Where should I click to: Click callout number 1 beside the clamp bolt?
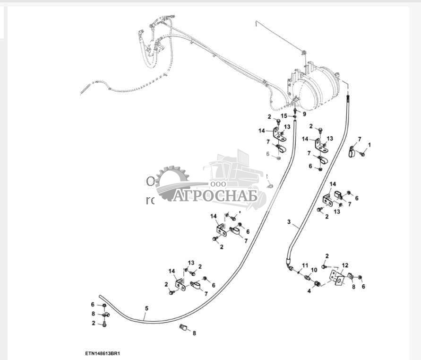(369, 144)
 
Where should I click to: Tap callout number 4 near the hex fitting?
(309, 290)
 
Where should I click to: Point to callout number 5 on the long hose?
(146, 308)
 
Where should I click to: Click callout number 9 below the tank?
(304, 114)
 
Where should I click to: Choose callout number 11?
(305, 264)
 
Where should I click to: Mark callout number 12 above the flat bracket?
(345, 265)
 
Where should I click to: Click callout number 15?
(284, 115)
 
